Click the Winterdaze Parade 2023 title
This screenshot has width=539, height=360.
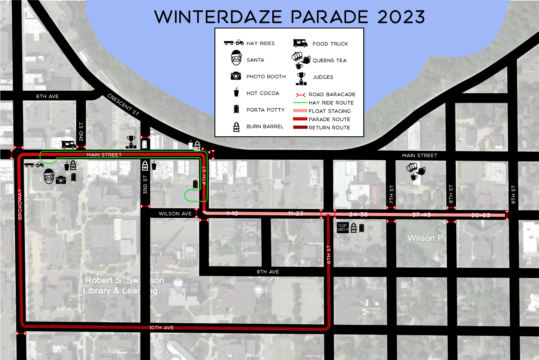290,17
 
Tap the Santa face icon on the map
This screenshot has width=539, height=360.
49,176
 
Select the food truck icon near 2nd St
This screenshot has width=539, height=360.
68,145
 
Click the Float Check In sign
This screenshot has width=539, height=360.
342,228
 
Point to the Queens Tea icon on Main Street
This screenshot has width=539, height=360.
416,171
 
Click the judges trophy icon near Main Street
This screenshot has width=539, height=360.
131,142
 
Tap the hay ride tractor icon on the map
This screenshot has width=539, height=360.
34,165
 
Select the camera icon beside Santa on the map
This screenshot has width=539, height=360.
61,179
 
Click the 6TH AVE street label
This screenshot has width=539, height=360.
47,96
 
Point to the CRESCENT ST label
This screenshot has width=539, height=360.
123,105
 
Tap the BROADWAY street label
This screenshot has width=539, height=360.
20,204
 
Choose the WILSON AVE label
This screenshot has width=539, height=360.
175,214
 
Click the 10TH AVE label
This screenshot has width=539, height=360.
162,328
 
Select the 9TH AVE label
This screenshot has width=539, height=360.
268,272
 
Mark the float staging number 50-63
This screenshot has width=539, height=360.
480,215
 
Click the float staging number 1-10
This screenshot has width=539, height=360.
232,213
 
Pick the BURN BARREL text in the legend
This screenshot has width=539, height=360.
265,127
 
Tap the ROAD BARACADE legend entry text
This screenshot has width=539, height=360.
332,95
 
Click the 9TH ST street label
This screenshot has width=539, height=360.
513,195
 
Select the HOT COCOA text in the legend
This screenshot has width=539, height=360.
263,94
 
